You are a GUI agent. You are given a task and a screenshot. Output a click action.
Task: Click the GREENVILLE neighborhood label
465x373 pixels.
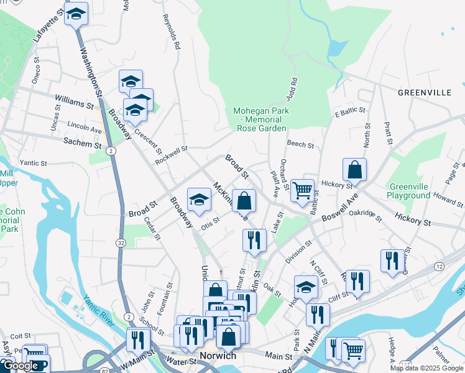425,93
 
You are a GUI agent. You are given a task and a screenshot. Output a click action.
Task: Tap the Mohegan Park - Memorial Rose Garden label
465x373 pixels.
261,119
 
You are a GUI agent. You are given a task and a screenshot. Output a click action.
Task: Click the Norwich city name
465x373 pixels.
218,356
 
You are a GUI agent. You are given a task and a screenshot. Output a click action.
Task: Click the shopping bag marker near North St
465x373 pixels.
354,170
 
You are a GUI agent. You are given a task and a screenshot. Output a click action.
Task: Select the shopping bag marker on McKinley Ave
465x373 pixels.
244,201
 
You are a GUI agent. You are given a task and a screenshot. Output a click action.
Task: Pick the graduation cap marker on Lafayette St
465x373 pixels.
76,14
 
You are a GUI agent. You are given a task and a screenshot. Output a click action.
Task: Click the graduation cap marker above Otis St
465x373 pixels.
199,200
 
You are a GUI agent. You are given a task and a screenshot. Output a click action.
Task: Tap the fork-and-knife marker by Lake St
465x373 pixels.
254,240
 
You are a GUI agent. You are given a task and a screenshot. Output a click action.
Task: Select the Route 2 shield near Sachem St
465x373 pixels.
111,150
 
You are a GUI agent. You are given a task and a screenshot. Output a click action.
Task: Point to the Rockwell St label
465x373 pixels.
172,152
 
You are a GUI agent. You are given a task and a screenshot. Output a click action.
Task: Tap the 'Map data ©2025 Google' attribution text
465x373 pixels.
426,368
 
